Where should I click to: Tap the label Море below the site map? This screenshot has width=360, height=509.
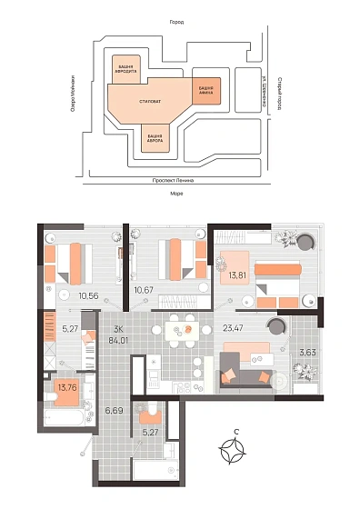click(178, 195)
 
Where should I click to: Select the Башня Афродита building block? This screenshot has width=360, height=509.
click(127, 71)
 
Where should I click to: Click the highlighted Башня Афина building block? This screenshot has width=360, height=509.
click(205, 90)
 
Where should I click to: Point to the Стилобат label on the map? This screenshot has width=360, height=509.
click(151, 101)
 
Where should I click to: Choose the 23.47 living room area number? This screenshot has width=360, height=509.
click(235, 333)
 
